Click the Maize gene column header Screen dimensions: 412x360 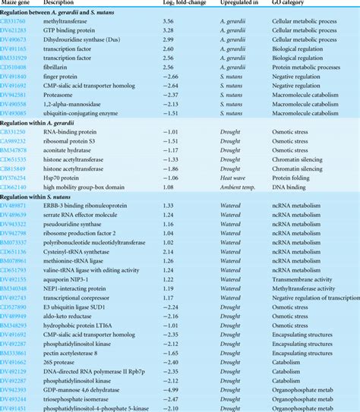(x=21, y=5)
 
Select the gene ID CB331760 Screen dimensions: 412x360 (x=17, y=24)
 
